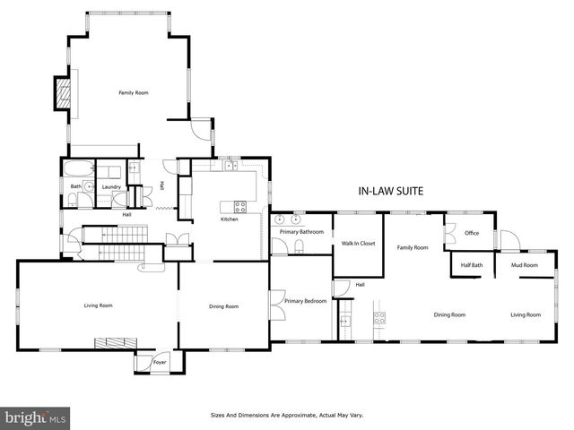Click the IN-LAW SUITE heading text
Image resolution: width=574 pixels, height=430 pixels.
(x=390, y=191)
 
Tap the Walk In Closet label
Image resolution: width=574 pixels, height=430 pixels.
(x=358, y=244)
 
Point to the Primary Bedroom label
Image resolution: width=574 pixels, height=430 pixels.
(x=306, y=301)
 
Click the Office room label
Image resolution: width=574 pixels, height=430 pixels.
(x=472, y=234)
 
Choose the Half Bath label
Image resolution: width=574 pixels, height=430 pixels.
(x=472, y=265)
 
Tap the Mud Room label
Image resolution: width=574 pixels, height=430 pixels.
(x=524, y=265)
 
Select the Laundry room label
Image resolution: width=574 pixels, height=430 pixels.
(x=111, y=186)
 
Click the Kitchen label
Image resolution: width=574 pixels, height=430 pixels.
(x=230, y=219)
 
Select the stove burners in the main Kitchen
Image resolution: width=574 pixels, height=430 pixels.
(x=240, y=205)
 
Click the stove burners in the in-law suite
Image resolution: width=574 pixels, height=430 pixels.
(x=378, y=315)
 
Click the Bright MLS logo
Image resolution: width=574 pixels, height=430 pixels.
(x=36, y=418)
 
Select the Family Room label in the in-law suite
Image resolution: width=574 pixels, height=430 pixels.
(x=413, y=247)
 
